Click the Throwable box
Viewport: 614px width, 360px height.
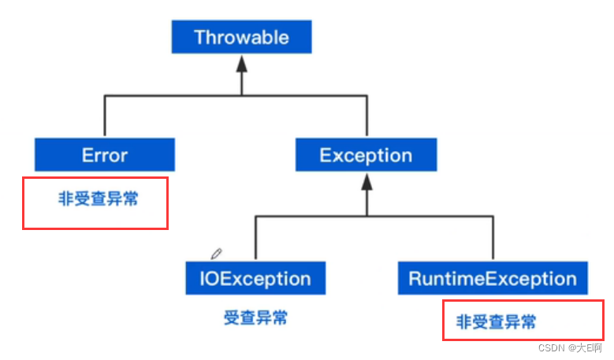[241, 37]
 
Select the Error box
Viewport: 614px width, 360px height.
[105, 155]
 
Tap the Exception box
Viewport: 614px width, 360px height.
[366, 155]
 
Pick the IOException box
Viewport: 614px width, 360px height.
[255, 278]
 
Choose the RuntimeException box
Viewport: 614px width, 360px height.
[493, 278]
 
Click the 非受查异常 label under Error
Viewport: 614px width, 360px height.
[99, 199]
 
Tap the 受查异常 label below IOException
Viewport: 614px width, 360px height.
[255, 318]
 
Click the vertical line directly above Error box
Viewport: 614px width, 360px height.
[105, 116]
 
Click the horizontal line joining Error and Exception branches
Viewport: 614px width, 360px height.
[236, 95]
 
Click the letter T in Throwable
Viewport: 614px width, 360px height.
[199, 37]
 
